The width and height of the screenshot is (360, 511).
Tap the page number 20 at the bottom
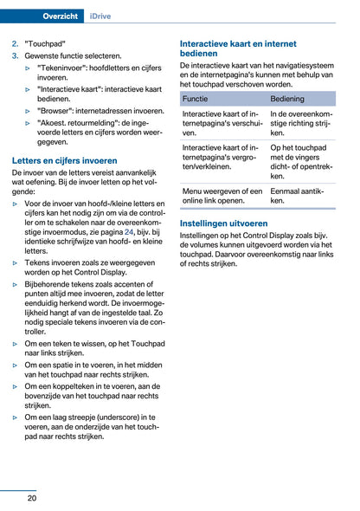[31, 498]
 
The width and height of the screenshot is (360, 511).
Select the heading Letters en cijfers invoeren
[64, 160]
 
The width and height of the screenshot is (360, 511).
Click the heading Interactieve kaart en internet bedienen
[237, 48]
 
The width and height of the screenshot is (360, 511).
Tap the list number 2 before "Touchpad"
[15, 42]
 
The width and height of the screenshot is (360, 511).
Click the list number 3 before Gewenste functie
[15, 55]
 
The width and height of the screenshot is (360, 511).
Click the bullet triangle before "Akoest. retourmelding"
[29, 123]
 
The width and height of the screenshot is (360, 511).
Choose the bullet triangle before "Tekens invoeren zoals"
[16, 262]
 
